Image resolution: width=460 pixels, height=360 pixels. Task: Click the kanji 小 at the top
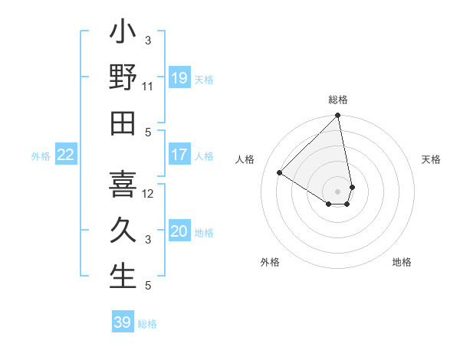(123, 35)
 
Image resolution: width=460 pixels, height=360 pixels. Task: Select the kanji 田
(123, 122)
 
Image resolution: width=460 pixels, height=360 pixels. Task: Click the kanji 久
(123, 230)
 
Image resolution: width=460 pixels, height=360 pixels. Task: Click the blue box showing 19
(179, 77)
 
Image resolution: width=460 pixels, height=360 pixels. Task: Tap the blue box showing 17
(179, 155)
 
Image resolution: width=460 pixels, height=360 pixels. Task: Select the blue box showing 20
(179, 231)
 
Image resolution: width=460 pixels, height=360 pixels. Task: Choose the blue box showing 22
(66, 155)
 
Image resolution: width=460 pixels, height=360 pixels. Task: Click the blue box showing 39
(123, 322)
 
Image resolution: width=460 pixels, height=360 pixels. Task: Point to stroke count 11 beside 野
(148, 86)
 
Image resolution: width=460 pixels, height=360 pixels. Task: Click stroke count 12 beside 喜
(148, 193)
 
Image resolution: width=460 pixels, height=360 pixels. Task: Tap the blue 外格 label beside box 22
(41, 156)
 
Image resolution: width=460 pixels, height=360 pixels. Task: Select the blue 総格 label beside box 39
(147, 324)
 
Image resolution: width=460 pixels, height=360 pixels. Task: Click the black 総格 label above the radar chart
(338, 100)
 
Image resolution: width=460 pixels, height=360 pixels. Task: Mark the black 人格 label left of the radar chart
(246, 159)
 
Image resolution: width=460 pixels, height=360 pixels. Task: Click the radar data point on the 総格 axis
(338, 116)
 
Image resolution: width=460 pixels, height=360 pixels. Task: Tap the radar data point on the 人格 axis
(280, 173)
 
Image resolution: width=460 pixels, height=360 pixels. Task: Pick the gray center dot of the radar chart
(338, 190)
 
